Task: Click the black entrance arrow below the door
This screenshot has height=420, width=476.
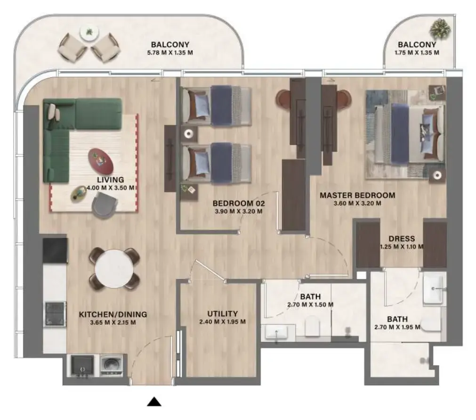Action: [154, 402]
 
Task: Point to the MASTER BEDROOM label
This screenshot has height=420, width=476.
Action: [357, 195]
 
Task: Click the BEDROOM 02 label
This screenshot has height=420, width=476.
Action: [239, 203]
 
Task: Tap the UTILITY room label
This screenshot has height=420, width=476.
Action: [222, 313]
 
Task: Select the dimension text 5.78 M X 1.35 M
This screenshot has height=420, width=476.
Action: [170, 53]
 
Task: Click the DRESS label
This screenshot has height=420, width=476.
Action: [402, 239]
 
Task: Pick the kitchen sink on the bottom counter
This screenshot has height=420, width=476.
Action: [82, 366]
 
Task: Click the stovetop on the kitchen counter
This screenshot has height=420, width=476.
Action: [55, 313]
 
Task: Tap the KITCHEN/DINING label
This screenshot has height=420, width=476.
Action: [113, 314]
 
